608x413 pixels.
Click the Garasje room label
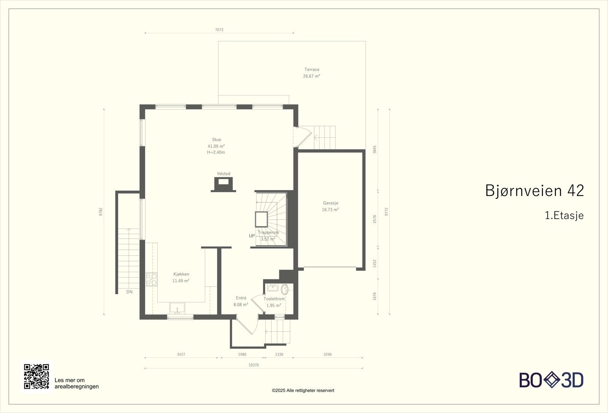tap(331, 203)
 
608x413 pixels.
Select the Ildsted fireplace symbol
tap(223, 184)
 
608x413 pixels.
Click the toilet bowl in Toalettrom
tap(285, 289)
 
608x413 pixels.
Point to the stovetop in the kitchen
tap(152, 279)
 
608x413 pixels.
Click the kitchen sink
tap(177, 308)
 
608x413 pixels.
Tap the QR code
tap(36, 376)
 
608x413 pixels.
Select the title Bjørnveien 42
tap(534, 191)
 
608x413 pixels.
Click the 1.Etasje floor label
tap(564, 215)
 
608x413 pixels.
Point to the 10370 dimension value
tap(253, 365)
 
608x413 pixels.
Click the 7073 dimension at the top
tap(219, 30)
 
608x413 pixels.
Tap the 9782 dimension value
tap(101, 212)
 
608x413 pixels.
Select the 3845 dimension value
tap(375, 150)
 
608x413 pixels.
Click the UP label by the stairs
tap(252, 236)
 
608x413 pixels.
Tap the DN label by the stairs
tap(130, 292)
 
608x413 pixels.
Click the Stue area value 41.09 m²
tap(216, 146)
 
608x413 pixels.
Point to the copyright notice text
tap(303, 391)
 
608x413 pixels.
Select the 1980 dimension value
tap(242, 354)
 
